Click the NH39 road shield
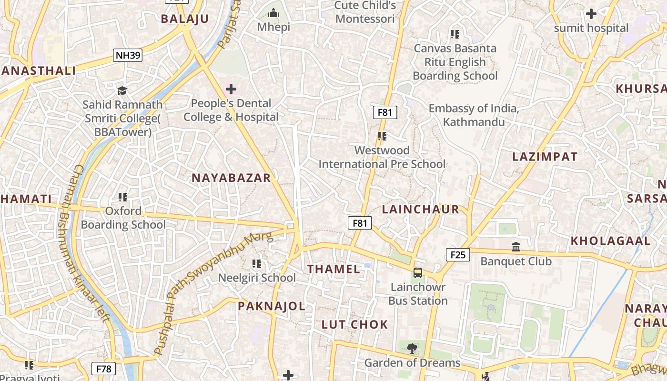pos(128,55)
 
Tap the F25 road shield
pos(457,255)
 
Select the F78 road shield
pos(103,369)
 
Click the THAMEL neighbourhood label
pos(333,269)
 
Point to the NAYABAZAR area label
pos(231,178)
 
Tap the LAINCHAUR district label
pos(421,209)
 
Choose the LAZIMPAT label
pos(545,157)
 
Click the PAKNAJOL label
pos(272,306)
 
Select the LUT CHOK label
pos(354,325)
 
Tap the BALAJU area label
pos(185,19)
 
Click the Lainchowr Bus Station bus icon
pos(418,273)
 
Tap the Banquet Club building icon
pos(516,247)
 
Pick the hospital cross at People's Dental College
pos(231,89)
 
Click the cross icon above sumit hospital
pos(591,14)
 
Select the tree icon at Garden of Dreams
pos(412,349)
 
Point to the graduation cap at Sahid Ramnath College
pos(122,90)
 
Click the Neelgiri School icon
pos(257,263)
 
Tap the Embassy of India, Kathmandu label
pos(474,115)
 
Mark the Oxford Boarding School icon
pos(123,197)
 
